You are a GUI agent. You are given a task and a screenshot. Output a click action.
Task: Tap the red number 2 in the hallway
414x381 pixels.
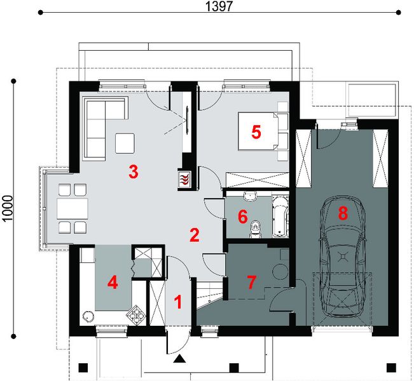click(x=195, y=234)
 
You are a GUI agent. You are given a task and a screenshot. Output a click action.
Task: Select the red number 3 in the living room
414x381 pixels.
click(x=133, y=171)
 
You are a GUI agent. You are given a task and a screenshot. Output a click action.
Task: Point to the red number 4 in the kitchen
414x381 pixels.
click(x=112, y=282)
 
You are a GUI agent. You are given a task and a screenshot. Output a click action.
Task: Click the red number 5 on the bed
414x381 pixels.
click(x=256, y=132)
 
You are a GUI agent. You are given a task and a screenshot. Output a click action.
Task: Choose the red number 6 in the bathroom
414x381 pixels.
click(x=242, y=217)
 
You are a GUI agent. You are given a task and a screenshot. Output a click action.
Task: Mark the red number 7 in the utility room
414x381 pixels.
click(x=252, y=282)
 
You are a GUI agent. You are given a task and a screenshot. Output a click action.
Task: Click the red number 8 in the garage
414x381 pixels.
click(x=343, y=213)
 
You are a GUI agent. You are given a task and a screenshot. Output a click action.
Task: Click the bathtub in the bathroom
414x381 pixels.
click(x=279, y=216)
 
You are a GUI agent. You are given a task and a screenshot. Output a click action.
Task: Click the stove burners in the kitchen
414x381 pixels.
click(x=135, y=313)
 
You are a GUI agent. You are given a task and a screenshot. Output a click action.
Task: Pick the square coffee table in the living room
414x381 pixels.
click(x=125, y=143)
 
